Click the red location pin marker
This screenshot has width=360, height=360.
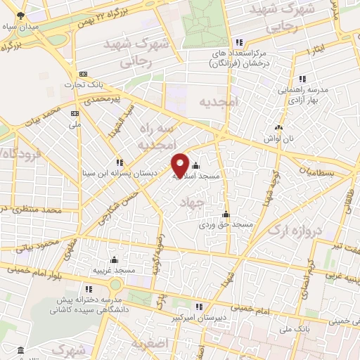click(181, 165)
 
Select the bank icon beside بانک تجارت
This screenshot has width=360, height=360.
click(84, 75)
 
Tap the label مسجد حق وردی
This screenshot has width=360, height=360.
click(225, 224)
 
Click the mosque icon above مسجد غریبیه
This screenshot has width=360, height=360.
click(114, 260)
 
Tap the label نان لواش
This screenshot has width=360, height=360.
click(280, 138)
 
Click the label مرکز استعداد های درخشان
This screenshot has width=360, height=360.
click(242, 58)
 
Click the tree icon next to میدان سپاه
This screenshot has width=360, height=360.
click(20, 15)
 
